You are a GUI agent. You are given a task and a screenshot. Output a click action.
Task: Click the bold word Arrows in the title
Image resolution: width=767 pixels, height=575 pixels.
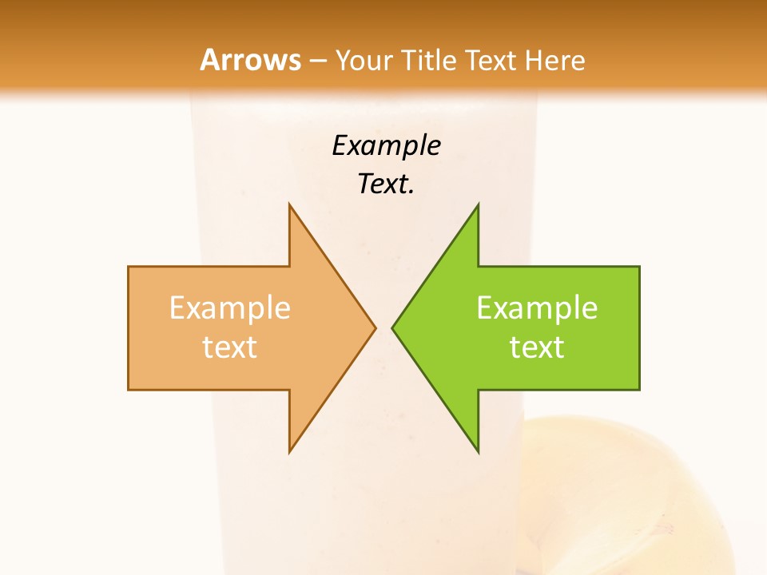click(251, 60)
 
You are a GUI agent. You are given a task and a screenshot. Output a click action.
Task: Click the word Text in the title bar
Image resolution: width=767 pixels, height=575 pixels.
click(495, 61)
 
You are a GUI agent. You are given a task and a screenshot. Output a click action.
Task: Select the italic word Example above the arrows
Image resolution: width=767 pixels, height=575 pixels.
click(387, 146)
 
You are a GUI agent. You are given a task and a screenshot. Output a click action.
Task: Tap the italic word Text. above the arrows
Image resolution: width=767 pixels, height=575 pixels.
click(387, 184)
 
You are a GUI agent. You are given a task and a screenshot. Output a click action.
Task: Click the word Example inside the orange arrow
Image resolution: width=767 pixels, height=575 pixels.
click(230, 308)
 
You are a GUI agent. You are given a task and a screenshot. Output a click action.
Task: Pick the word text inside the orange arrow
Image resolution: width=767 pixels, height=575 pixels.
click(230, 347)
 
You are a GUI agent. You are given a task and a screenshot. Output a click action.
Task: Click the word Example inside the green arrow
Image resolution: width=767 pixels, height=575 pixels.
click(537, 308)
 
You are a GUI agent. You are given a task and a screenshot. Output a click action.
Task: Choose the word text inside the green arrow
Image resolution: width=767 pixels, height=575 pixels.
click(537, 347)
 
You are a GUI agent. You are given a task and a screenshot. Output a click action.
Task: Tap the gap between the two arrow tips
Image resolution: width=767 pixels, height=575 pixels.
click(383, 327)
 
